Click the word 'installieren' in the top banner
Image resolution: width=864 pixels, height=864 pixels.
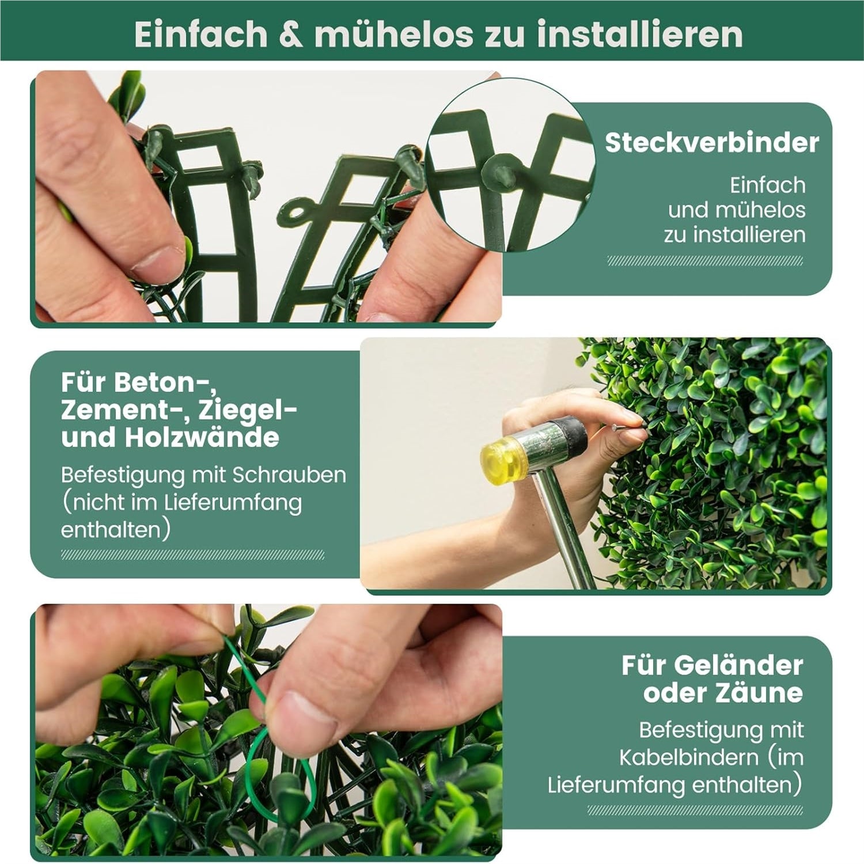coord(640,34)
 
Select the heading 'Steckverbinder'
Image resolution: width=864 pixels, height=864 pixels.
coord(712,142)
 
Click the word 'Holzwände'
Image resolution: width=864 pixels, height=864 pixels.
coord(202,437)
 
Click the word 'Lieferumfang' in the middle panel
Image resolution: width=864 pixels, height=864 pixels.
coord(233,503)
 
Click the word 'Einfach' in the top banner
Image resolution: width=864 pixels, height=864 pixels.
coord(201,34)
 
